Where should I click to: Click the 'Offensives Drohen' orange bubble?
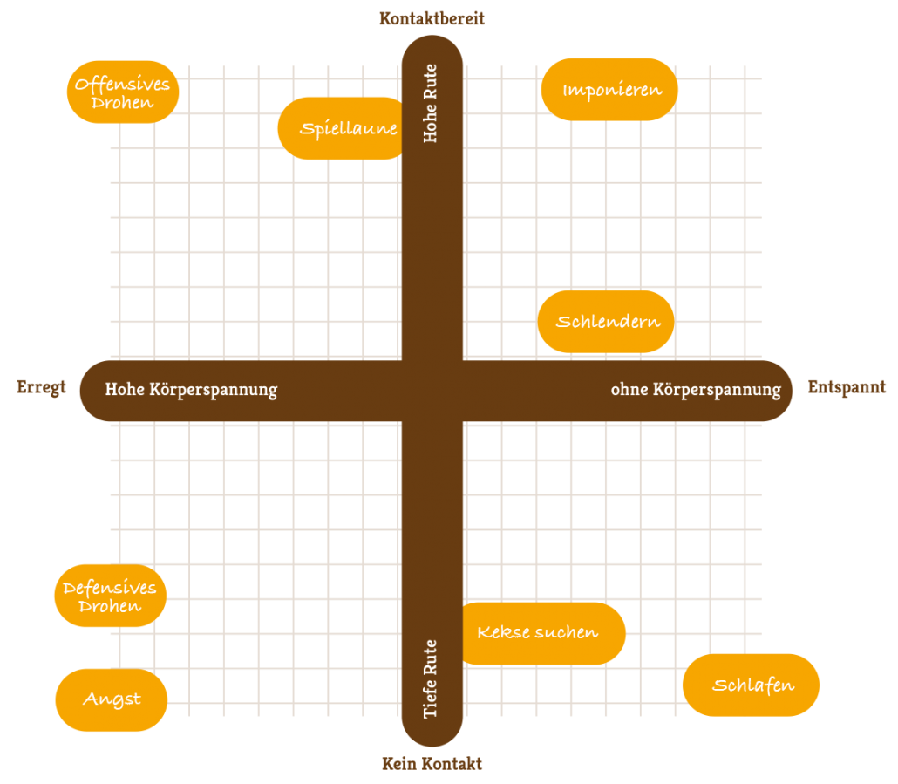(x=123, y=92)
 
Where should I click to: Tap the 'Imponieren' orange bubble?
(x=609, y=90)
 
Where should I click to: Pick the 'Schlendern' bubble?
(x=606, y=322)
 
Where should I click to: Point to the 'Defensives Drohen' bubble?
(x=110, y=596)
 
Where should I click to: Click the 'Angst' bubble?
(x=112, y=699)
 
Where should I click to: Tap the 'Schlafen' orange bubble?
(x=751, y=685)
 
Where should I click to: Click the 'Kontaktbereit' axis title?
(x=432, y=18)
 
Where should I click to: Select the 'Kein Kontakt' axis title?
(x=432, y=764)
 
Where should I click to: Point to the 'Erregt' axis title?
(x=41, y=388)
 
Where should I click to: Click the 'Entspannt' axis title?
(x=847, y=387)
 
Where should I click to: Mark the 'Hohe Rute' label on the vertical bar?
(x=431, y=104)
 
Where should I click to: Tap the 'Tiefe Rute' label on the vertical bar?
(x=431, y=680)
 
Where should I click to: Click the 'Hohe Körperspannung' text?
(x=191, y=390)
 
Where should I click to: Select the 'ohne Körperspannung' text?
(x=695, y=390)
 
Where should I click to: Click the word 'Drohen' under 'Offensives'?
(x=123, y=103)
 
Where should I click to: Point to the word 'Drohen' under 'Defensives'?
(x=110, y=606)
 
